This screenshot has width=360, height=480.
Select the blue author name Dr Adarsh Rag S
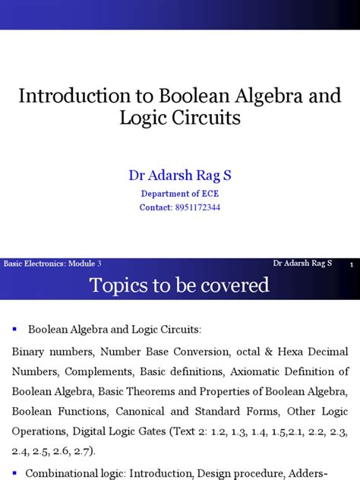click(x=180, y=175)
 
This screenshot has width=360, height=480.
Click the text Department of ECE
click(x=180, y=193)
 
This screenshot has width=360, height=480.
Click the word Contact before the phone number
click(x=156, y=207)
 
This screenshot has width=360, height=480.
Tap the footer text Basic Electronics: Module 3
click(x=52, y=263)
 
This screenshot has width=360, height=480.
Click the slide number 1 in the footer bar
click(x=352, y=264)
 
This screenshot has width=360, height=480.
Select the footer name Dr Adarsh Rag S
click(x=302, y=263)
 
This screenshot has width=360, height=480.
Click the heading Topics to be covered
click(x=179, y=285)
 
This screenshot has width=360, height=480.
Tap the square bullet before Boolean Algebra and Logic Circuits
click(x=14, y=330)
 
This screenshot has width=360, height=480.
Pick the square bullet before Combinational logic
click(x=14, y=473)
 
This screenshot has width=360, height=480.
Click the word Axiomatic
click(x=239, y=371)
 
